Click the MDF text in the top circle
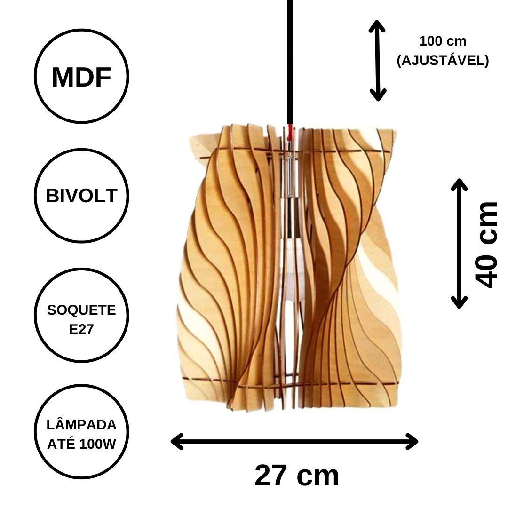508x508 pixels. [x=82, y=78]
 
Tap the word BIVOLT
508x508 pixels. [x=81, y=196]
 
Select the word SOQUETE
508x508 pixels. [x=81, y=310]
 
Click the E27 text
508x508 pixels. [x=81, y=329]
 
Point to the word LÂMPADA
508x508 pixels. [x=81, y=425]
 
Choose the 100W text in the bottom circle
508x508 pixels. [x=97, y=444]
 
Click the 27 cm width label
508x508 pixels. [x=296, y=476]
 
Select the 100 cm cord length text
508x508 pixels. [x=443, y=41]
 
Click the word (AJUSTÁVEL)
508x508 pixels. [x=443, y=60]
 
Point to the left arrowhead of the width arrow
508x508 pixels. [x=177, y=442]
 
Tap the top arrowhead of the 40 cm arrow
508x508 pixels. [x=460, y=184]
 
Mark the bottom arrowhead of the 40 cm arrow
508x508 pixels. [x=460, y=302]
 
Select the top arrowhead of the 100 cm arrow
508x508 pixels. [x=377, y=26]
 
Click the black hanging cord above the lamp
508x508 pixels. [x=290, y=62]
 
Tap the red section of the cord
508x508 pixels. [x=290, y=132]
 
